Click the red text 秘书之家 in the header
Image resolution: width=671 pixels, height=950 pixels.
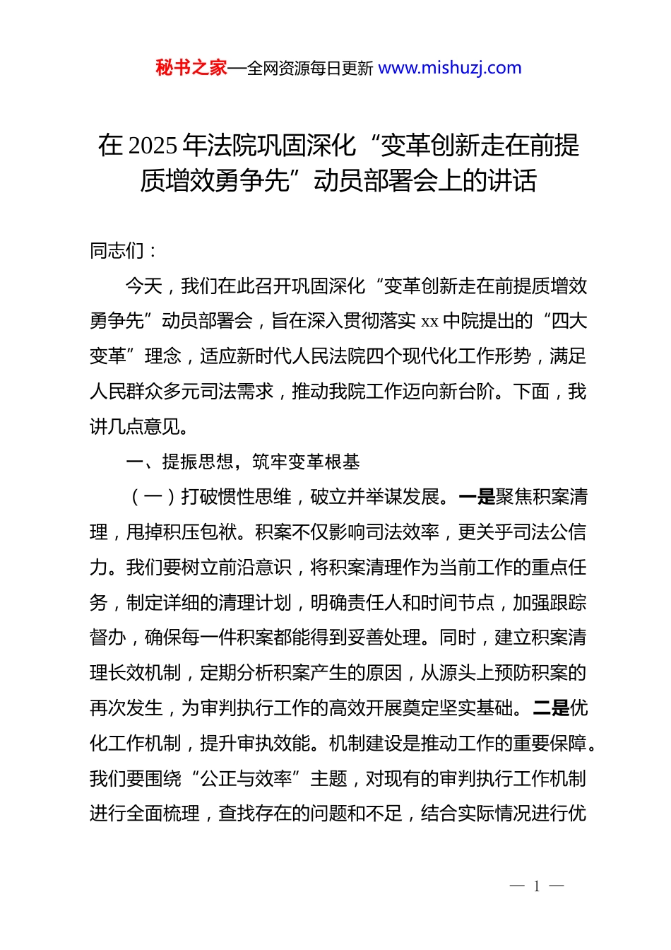pos(191,68)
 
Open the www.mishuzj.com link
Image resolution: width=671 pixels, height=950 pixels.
pos(450,68)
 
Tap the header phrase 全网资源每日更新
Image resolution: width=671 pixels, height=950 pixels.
pos(309,69)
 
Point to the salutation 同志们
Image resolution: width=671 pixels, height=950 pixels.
pos(117,251)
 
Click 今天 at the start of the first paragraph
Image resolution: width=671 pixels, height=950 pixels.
pos(144,286)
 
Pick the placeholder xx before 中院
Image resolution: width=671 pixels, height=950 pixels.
pos(429,322)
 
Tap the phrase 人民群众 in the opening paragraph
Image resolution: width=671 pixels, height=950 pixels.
pos(126,392)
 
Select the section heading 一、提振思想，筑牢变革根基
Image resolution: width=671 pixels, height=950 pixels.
pos(242,462)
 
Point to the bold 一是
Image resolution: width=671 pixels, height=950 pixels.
pos(477,497)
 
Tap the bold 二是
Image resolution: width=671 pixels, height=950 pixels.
pos(550,708)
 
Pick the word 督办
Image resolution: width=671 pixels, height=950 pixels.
pos(108,638)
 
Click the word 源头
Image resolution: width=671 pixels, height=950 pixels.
pos(458,673)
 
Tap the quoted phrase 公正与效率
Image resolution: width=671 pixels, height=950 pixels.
pos(247,779)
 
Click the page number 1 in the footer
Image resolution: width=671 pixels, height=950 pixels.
pos(537,886)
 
